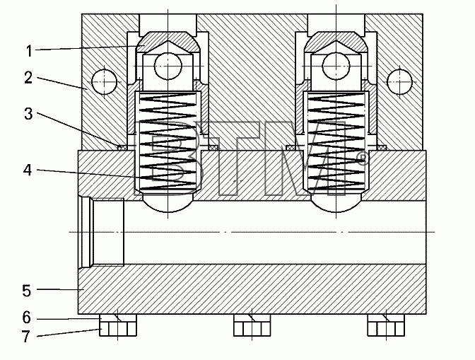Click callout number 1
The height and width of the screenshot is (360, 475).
point(29,51)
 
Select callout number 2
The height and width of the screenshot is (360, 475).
point(28,78)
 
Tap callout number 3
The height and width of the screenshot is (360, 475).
point(28,114)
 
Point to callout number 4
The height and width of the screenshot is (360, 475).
point(28,170)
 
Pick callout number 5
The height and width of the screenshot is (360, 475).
point(27,290)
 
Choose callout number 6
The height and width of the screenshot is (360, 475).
point(27,318)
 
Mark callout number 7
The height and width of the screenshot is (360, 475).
point(26,336)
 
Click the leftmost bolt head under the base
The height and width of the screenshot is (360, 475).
point(118,325)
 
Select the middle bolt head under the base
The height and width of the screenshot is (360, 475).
point(252,325)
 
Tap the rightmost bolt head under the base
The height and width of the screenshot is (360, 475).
point(386,325)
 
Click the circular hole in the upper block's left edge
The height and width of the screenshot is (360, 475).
point(104,82)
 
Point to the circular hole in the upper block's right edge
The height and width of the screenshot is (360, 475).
point(399,82)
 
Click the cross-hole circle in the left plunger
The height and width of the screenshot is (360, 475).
point(168,66)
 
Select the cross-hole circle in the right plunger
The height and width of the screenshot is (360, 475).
point(336,66)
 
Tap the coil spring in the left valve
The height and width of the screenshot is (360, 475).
point(168,142)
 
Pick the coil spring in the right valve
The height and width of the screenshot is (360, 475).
point(336,142)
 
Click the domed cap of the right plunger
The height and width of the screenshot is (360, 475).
point(336,42)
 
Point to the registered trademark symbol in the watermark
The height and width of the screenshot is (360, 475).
point(362,158)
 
